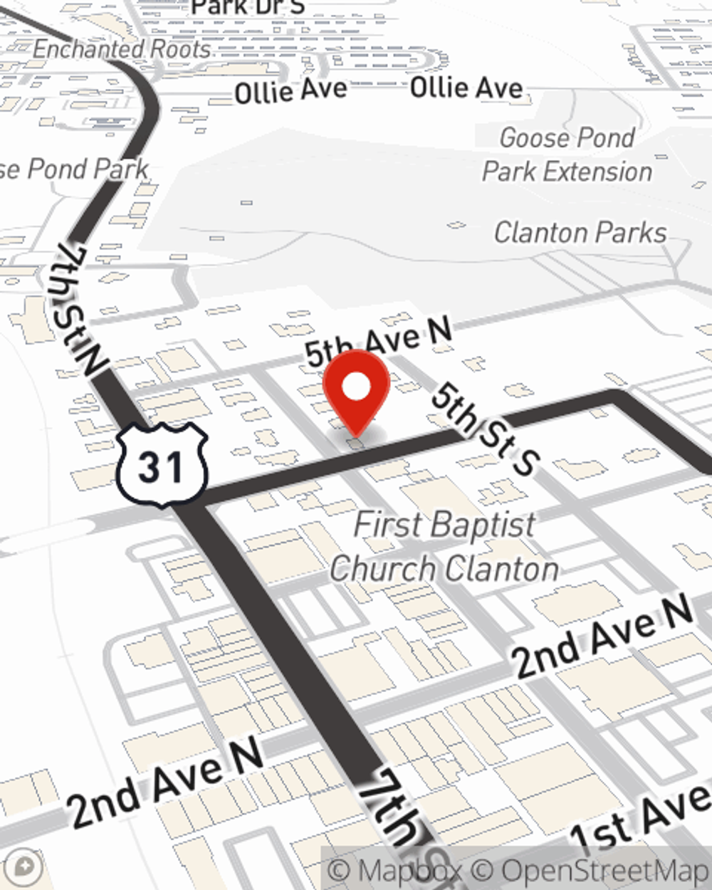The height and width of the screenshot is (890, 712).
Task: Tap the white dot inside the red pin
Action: (356, 388)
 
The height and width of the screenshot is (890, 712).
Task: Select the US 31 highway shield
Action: (163, 464)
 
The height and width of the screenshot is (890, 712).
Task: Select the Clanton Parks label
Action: (580, 232)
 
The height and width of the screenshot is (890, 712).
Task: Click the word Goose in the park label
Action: (530, 137)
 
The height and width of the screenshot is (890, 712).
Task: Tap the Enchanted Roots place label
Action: (122, 48)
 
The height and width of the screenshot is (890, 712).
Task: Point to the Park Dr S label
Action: (248, 7)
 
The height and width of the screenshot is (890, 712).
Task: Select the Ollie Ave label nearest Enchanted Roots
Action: (290, 90)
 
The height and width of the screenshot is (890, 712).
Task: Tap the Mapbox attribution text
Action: (395, 870)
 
